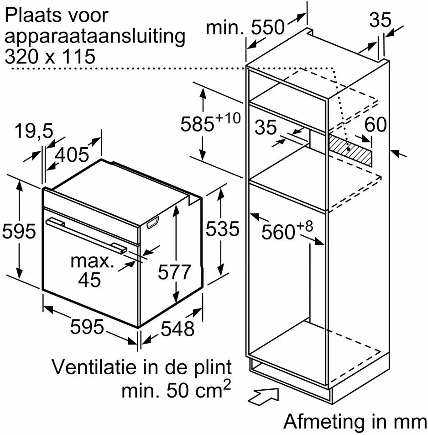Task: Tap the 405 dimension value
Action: (72, 154)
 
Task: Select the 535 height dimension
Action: (222, 228)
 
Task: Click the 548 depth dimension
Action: (177, 329)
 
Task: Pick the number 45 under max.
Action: (89, 280)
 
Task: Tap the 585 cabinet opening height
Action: (197, 123)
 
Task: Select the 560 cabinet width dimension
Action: (278, 232)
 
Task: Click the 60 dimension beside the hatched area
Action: (376, 124)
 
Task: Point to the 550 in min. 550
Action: (268, 27)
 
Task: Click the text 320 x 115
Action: (50, 56)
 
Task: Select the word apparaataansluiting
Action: (95, 37)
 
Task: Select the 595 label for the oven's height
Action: (19, 231)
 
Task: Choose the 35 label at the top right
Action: (381, 20)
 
